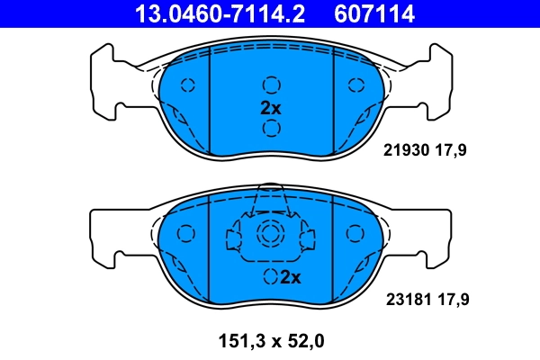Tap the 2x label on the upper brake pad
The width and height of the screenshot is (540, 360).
[x=270, y=107]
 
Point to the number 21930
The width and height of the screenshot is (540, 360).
[x=405, y=151]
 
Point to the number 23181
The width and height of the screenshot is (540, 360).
[x=405, y=297]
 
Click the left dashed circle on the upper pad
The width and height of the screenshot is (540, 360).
[x=187, y=85]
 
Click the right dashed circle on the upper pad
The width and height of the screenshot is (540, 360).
[x=353, y=85]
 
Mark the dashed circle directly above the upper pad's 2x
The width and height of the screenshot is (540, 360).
[x=270, y=85]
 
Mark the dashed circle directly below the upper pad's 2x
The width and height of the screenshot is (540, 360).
[x=270, y=128]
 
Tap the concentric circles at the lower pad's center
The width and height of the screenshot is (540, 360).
[x=270, y=236]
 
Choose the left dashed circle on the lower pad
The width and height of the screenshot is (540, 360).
[x=187, y=234]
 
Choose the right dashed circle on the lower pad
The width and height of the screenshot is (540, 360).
[x=353, y=234]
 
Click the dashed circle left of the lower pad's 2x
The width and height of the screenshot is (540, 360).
[x=269, y=276]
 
